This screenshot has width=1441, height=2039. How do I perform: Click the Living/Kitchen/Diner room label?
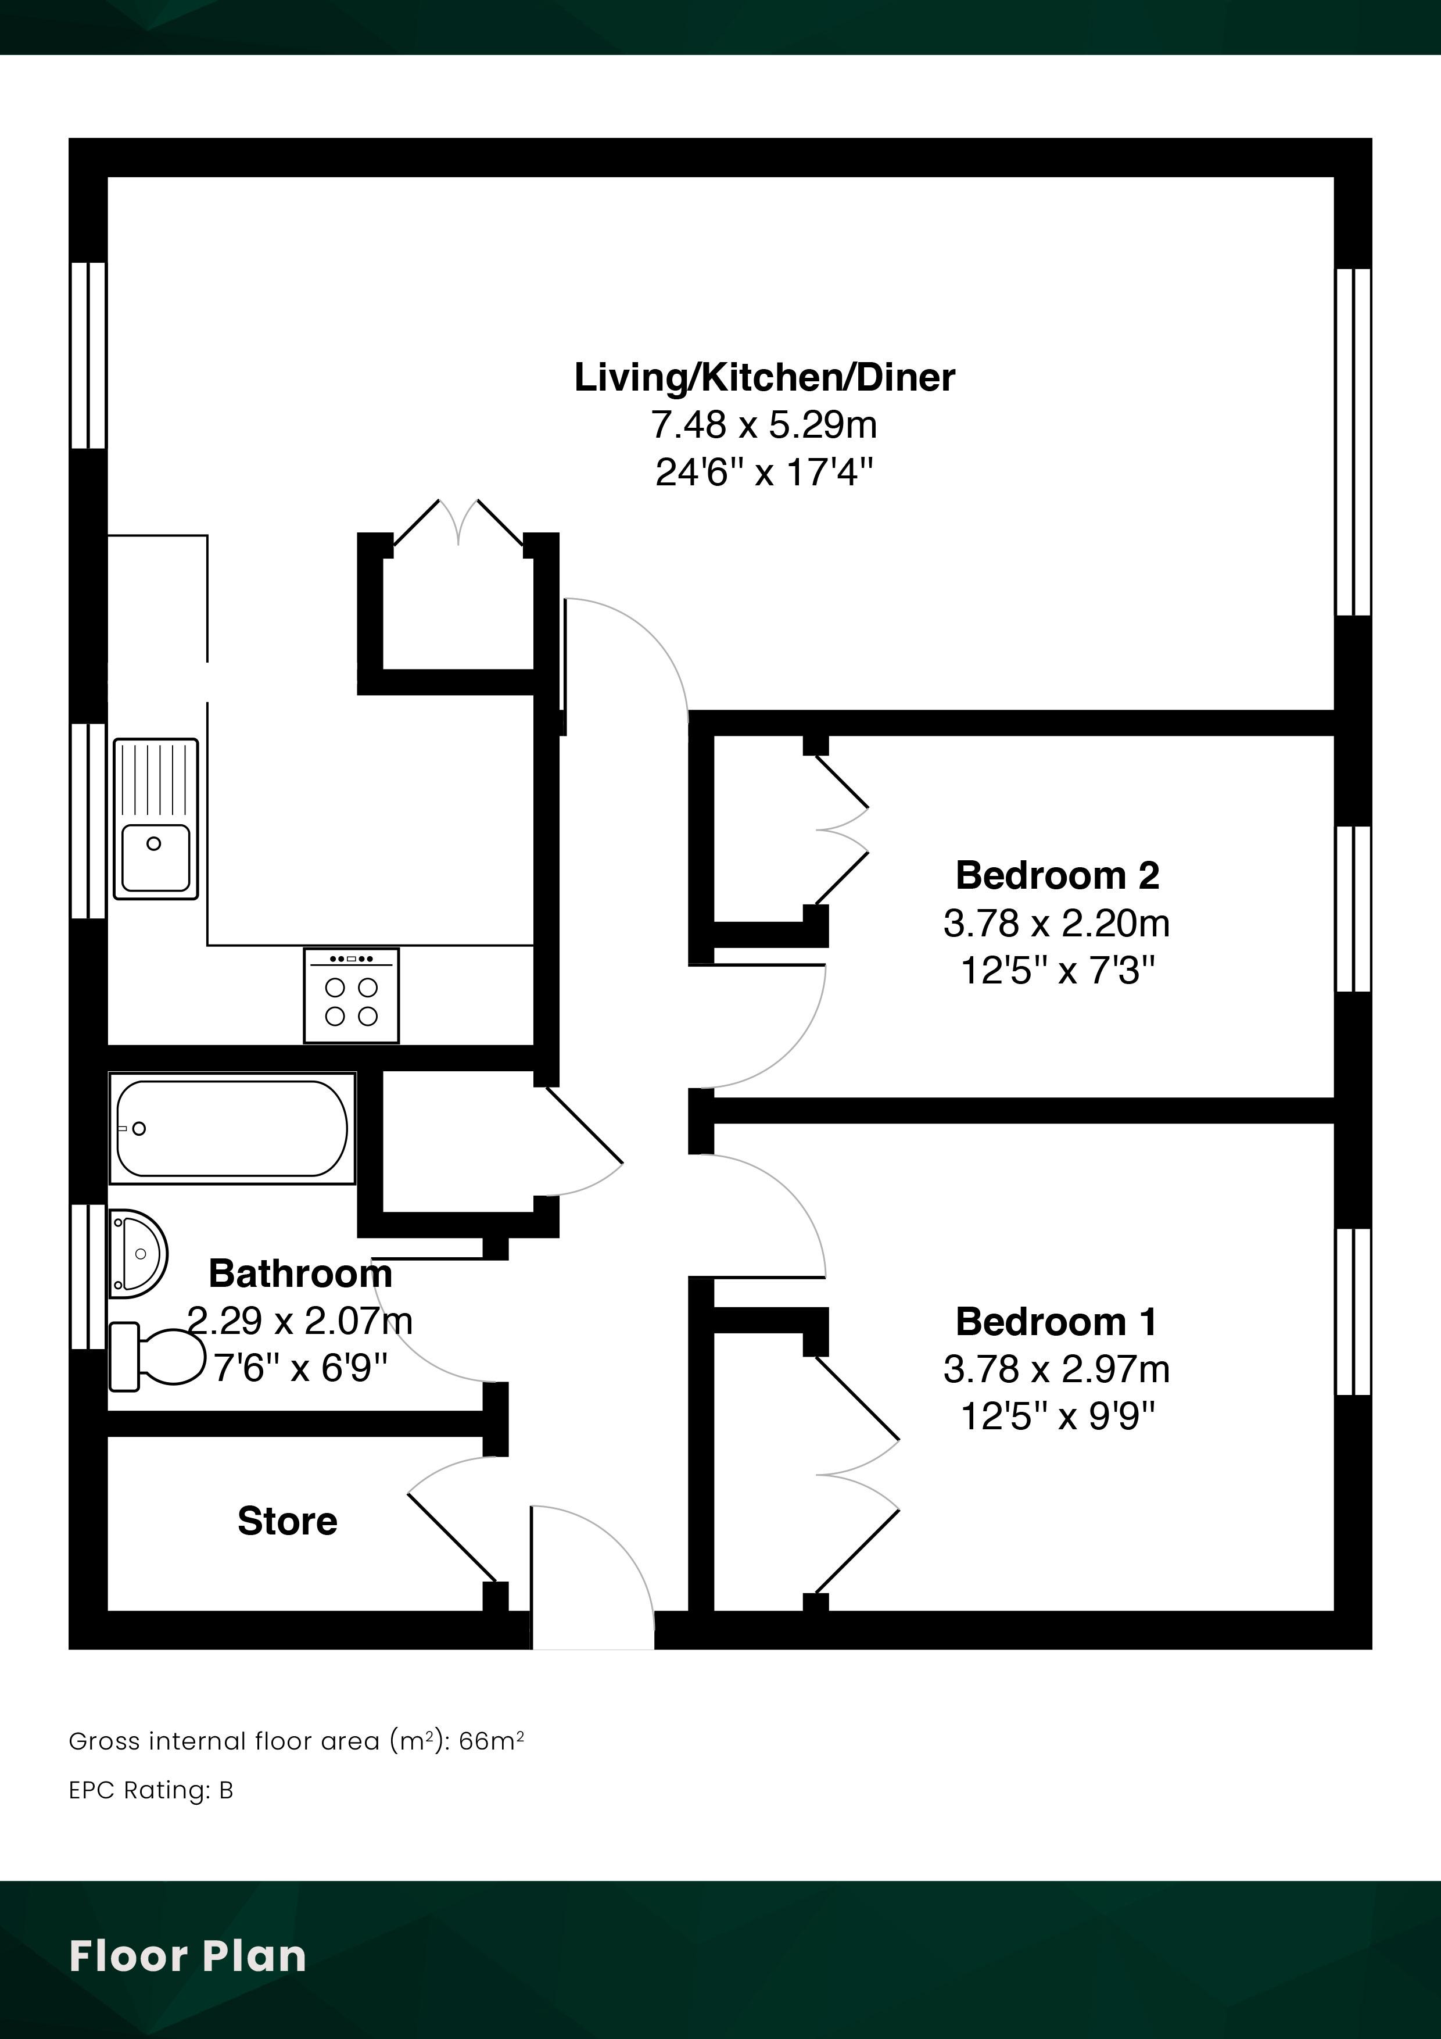(x=765, y=377)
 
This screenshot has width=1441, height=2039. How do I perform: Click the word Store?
(x=288, y=1521)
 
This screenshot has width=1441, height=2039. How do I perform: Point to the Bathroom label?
(x=300, y=1274)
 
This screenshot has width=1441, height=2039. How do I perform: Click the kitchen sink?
(x=155, y=818)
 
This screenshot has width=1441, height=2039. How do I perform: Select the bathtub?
(x=232, y=1128)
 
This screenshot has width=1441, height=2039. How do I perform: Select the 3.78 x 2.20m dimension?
(x=1056, y=924)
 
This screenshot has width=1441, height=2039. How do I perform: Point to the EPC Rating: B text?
(x=151, y=1790)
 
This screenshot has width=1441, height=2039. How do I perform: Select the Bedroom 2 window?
(x=1353, y=908)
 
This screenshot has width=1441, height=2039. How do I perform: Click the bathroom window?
(x=88, y=1277)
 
